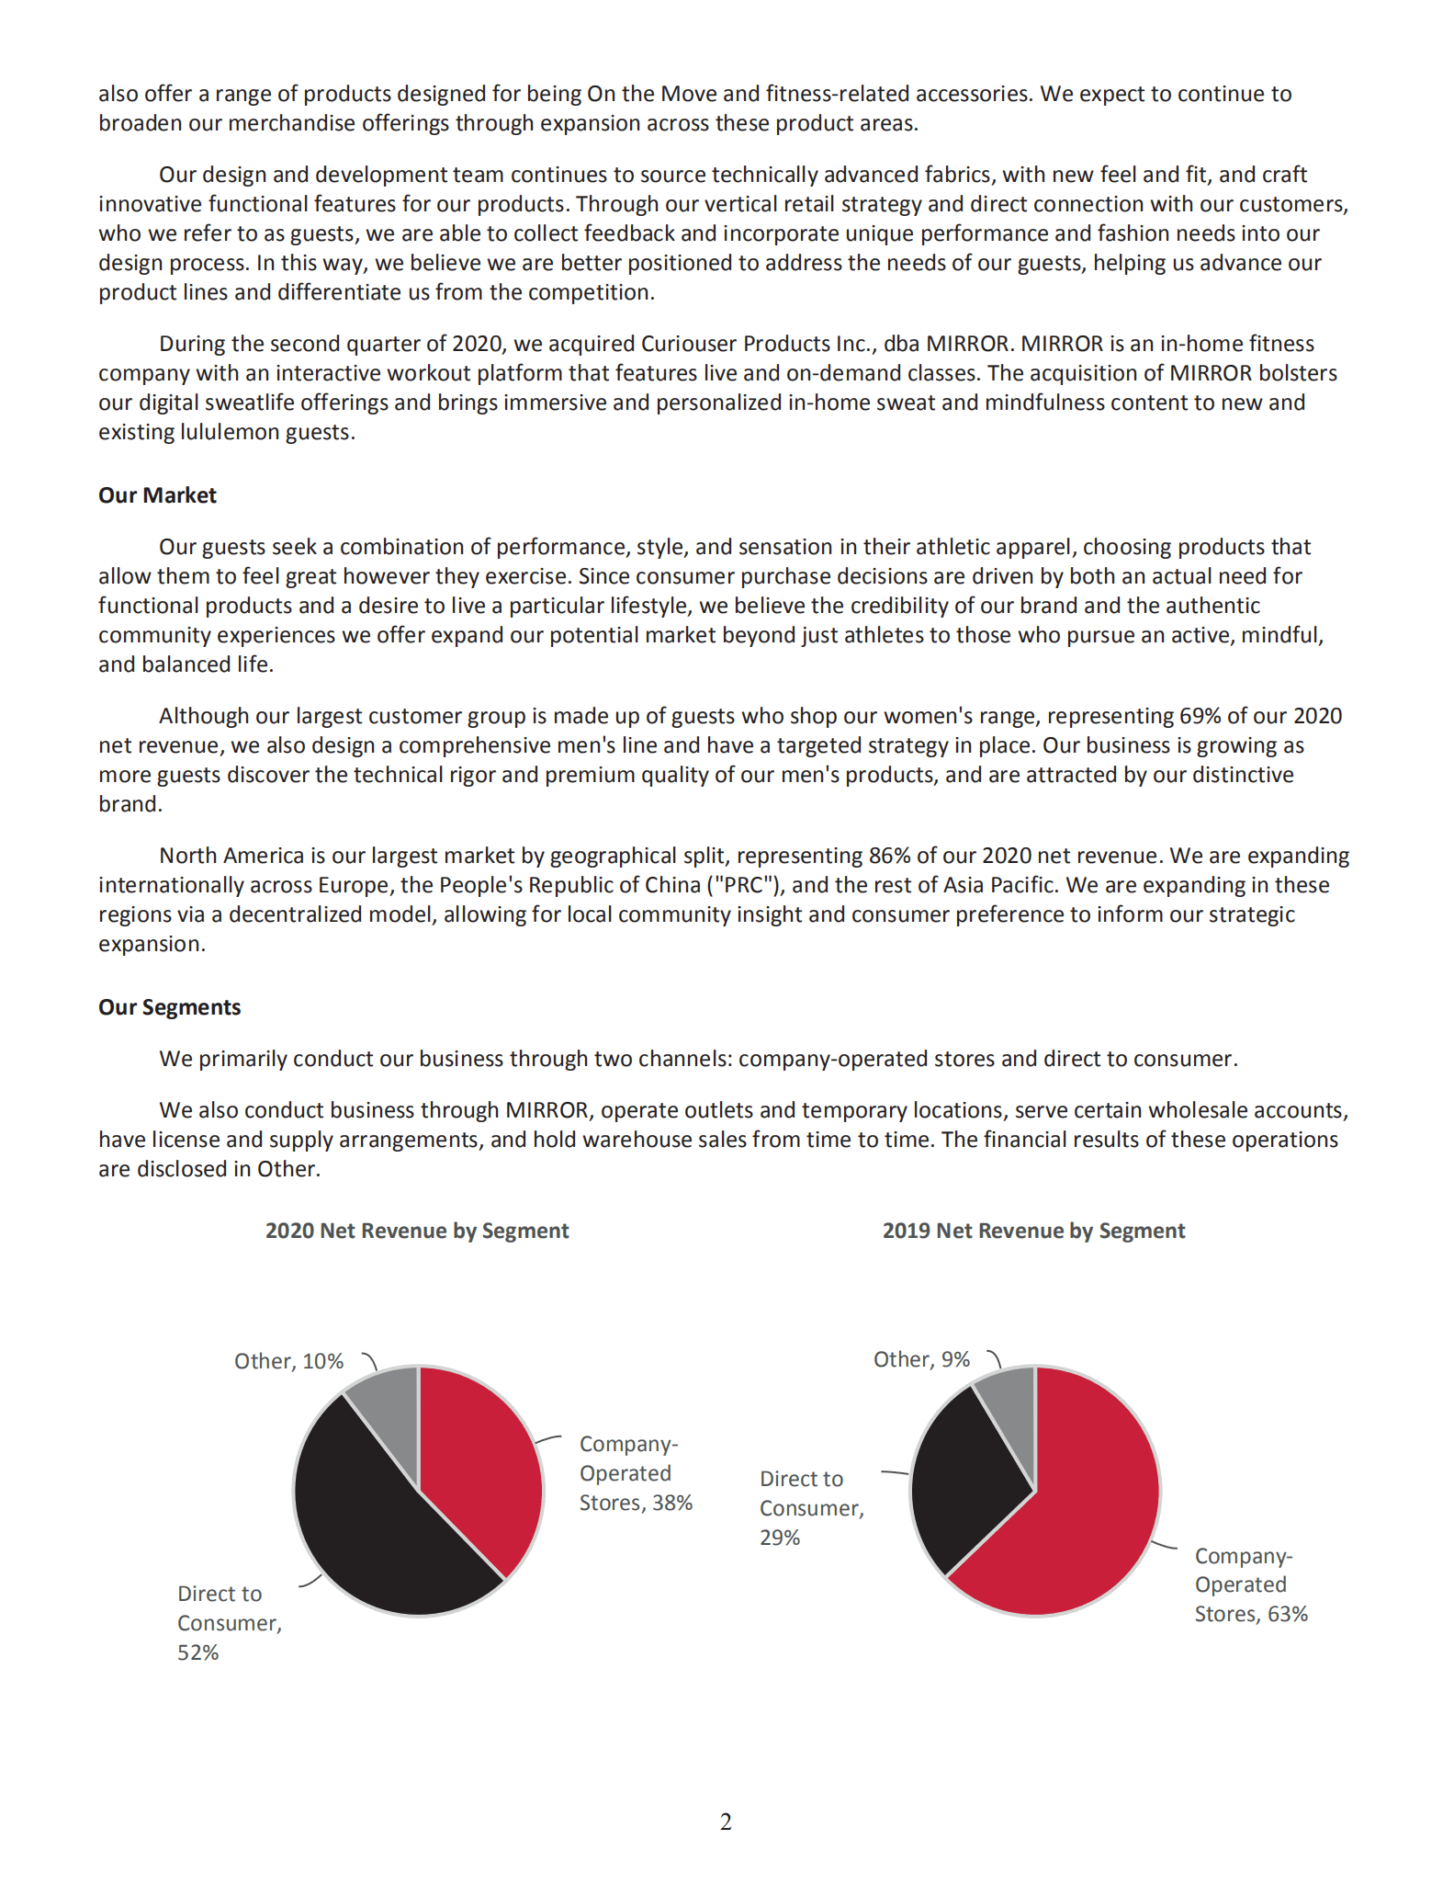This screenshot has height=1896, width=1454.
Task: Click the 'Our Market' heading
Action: [x=157, y=495]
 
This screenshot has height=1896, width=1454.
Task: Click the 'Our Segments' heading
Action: [x=169, y=1007]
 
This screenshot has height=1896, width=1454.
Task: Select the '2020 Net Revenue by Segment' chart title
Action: [x=417, y=1231]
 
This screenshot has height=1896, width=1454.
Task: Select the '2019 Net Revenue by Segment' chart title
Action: [x=1033, y=1231]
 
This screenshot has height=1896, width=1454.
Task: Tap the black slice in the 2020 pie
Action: [x=377, y=1535]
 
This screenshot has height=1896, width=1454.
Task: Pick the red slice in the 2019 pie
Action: [x=1075, y=1526]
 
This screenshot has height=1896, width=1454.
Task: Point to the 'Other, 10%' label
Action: [x=288, y=1361]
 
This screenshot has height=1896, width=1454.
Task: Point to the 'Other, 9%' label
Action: [x=921, y=1359]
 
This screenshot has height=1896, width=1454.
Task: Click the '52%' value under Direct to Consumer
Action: [x=197, y=1652]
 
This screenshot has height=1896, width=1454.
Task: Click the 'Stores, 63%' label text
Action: [x=1250, y=1614]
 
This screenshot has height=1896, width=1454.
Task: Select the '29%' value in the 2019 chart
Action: [x=780, y=1538]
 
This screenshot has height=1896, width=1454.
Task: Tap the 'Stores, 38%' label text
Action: [x=636, y=1503]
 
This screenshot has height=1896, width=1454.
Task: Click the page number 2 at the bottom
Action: [x=726, y=1822]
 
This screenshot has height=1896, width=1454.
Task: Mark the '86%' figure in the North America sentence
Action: [x=889, y=856]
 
